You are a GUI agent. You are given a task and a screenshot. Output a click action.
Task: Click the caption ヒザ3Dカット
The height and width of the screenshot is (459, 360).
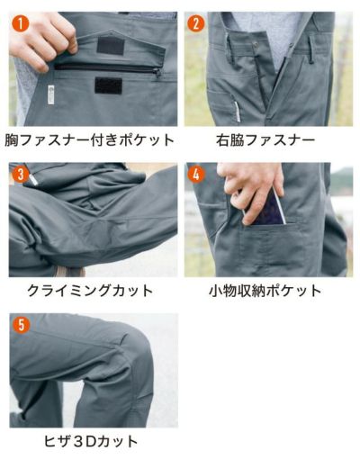pos(92,441)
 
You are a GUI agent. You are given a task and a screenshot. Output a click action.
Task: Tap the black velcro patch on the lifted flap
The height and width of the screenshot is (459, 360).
pos(110,45)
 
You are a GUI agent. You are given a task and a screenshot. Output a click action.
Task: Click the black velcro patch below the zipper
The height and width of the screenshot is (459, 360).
pos(108,86)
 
